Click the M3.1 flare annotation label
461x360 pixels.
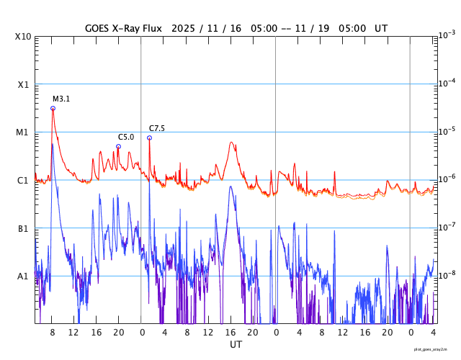61,99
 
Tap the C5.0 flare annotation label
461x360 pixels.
126,137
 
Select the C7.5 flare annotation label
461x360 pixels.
157,128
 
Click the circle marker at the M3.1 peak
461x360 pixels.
53,108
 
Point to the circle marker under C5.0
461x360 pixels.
118,146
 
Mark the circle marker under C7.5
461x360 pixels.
149,138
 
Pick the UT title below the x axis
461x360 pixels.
236,345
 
